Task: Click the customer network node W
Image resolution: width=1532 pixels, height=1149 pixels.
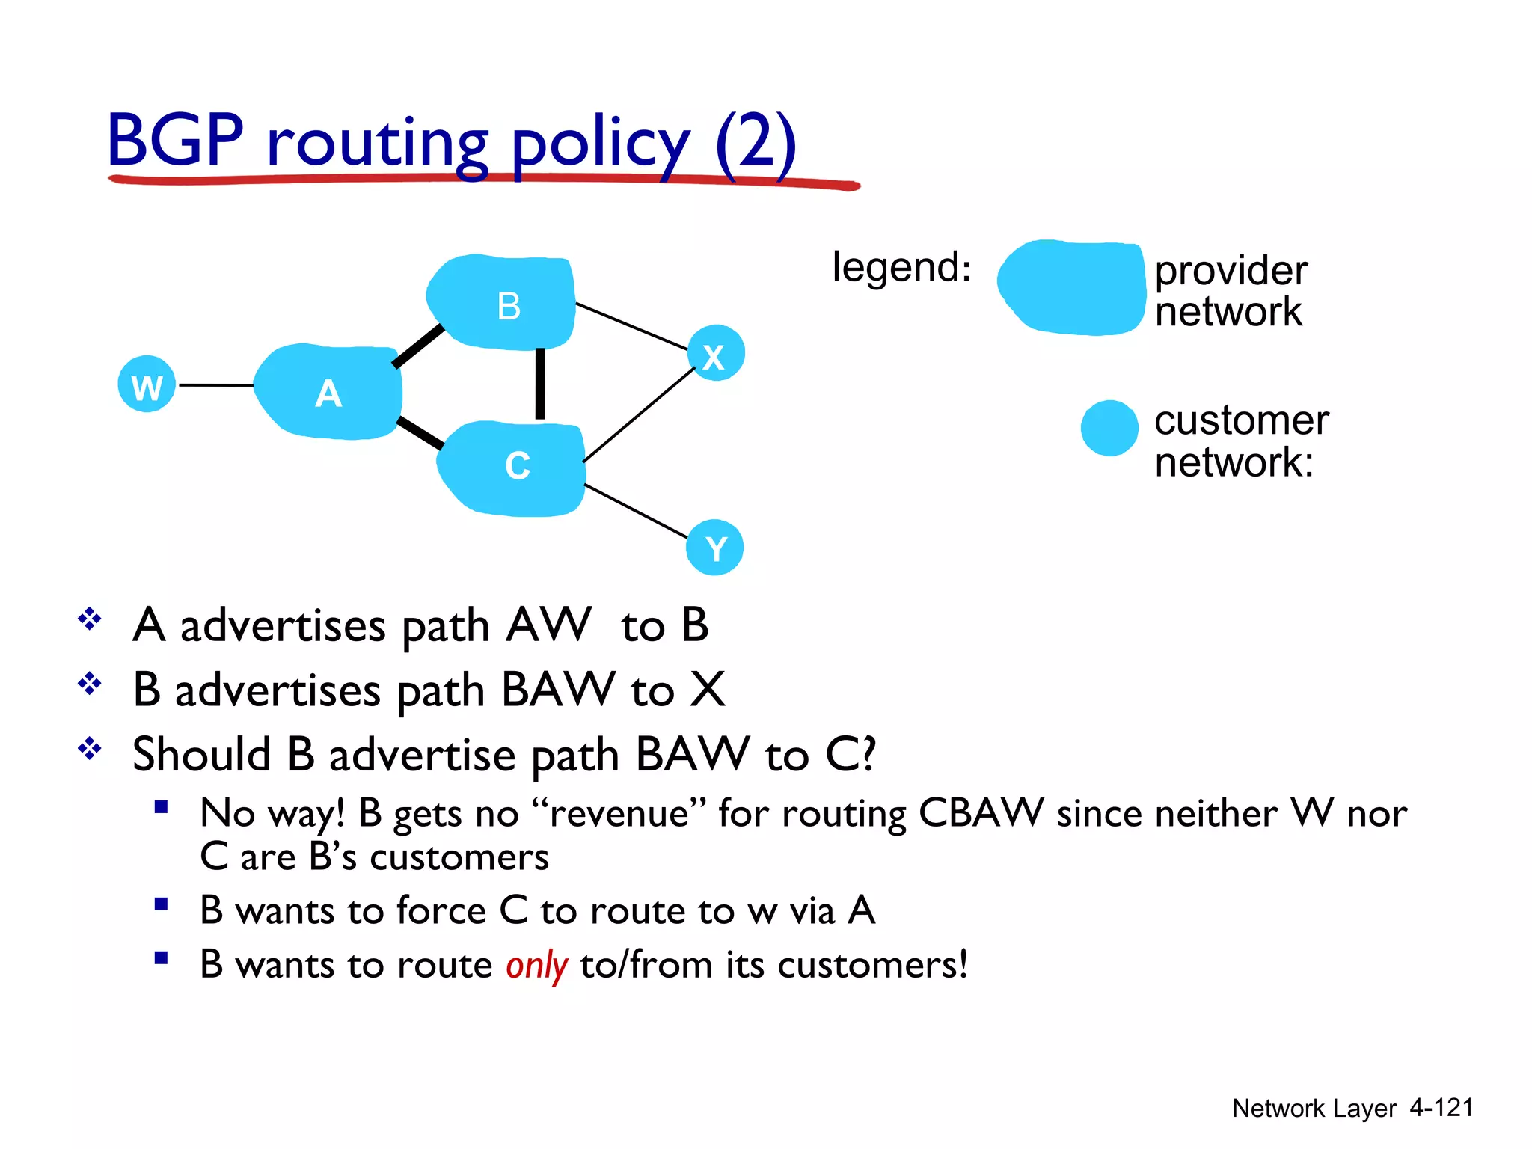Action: coord(147,384)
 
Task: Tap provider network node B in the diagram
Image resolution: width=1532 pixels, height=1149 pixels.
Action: coord(503,303)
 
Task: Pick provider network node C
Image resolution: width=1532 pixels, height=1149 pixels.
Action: coord(513,468)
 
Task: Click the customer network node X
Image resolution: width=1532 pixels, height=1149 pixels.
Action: coord(716,353)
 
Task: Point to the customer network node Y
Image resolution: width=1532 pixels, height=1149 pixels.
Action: coord(714,548)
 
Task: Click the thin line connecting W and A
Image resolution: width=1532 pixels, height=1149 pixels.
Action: coord(215,385)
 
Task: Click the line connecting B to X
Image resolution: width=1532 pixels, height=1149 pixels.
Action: coord(632,326)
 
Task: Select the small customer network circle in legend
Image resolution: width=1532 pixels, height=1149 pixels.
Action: coord(1109,428)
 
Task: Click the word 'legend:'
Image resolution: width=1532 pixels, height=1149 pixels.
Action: coord(901,267)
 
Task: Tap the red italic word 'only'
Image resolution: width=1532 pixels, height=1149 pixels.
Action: coord(536,965)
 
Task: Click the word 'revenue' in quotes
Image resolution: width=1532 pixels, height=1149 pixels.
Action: coord(618,813)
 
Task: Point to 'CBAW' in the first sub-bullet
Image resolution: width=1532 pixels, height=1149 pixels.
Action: coord(981,813)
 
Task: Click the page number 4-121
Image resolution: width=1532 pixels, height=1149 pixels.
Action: coord(1441,1107)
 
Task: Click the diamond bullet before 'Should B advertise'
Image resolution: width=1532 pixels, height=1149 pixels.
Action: coord(90,749)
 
